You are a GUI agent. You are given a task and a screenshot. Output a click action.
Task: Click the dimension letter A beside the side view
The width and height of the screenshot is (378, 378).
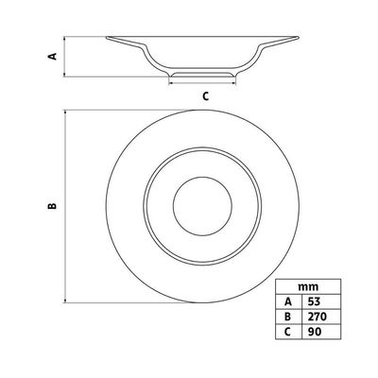pos(53,57)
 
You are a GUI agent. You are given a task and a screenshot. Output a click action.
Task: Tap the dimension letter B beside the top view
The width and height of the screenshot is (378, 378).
pos(52,206)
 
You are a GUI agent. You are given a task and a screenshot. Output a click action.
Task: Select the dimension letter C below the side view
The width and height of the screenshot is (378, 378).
pos(205,96)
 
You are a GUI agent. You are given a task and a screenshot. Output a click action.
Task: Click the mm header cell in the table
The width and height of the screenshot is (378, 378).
pos(308,287)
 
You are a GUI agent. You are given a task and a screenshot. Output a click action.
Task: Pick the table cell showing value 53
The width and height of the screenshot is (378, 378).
pos(321,301)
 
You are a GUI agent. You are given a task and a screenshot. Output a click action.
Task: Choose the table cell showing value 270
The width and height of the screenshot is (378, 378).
pos(321,317)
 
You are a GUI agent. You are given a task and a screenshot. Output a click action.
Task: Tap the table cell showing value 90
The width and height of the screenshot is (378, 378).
pos(321,332)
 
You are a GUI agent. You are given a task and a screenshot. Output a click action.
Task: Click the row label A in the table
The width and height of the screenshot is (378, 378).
pos(288,301)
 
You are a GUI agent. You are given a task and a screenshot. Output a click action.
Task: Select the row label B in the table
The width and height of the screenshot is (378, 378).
pos(288,317)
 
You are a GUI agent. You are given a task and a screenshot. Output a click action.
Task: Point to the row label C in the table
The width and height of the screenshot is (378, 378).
pos(288,332)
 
